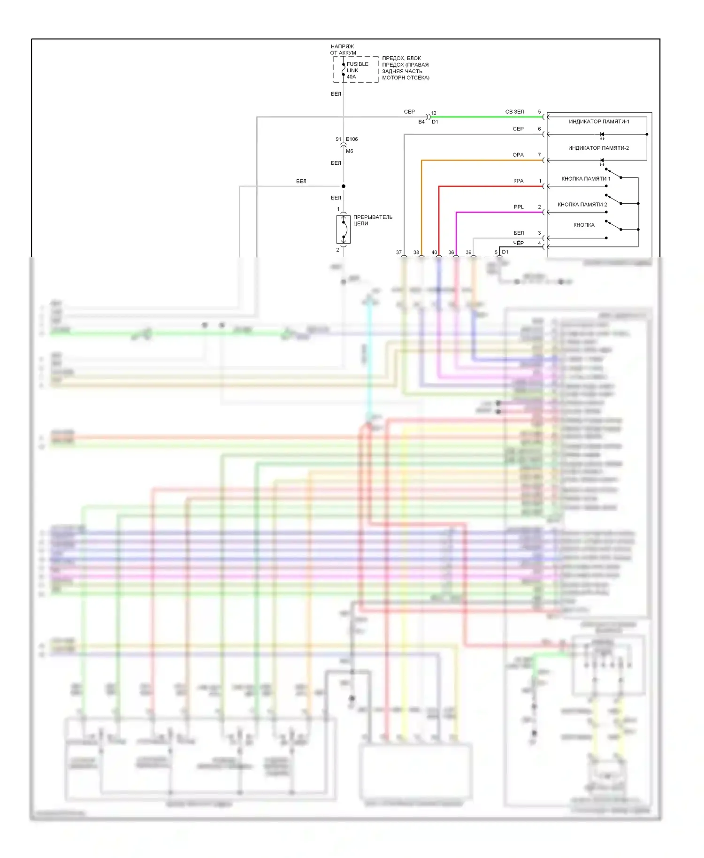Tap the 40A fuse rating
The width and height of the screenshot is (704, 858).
(x=352, y=77)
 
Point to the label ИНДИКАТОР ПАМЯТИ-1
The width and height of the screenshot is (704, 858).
(x=599, y=122)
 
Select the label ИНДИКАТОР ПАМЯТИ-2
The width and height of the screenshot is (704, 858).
(x=598, y=148)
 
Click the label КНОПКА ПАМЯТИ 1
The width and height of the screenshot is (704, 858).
(x=586, y=179)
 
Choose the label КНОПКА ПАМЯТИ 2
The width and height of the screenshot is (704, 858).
(x=582, y=205)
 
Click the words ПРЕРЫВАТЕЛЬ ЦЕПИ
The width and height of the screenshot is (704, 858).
(x=372, y=220)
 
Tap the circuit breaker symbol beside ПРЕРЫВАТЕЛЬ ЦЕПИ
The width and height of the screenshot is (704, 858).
(x=344, y=230)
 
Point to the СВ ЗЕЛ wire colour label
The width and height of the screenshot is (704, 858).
(x=514, y=112)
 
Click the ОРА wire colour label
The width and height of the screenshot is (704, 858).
(x=518, y=155)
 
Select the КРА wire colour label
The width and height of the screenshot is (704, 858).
(x=518, y=181)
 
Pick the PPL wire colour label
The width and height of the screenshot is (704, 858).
(x=518, y=207)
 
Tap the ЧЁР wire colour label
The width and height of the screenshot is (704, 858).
(x=518, y=243)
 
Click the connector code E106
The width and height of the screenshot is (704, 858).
(x=352, y=139)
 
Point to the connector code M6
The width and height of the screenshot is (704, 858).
(x=349, y=151)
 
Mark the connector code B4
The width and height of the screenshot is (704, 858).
(x=421, y=122)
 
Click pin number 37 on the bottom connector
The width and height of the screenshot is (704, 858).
(x=399, y=253)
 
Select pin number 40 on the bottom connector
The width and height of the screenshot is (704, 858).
(x=434, y=253)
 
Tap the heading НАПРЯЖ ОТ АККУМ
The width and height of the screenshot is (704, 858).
(x=343, y=50)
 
